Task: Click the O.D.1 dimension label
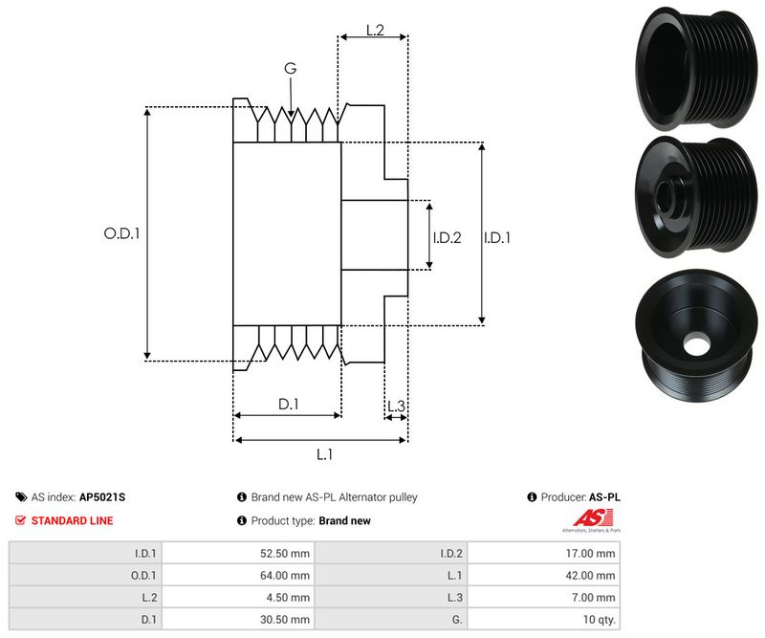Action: point(121,232)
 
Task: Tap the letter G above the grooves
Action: point(290,68)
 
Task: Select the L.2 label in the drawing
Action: point(374,31)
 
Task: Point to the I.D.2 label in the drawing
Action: point(448,237)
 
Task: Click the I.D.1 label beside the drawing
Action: point(497,237)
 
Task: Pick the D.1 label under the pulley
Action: point(289,405)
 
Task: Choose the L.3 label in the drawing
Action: point(396,407)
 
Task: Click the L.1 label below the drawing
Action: point(323,454)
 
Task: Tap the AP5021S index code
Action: point(102,497)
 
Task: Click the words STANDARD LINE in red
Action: point(72,520)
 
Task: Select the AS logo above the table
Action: point(590,520)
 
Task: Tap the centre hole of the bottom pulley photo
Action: point(697,341)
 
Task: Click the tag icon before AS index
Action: point(21,497)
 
